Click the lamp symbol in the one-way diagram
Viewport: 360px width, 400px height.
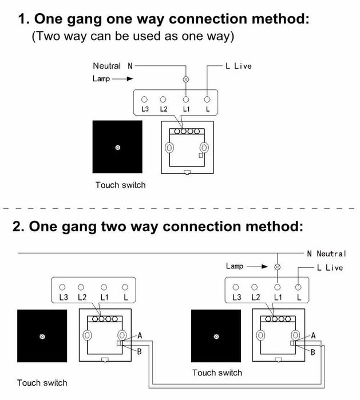tap(186, 80)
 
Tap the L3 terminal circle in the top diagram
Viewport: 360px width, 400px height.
tap(144, 99)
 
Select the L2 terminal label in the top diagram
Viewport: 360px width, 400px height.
tap(164, 109)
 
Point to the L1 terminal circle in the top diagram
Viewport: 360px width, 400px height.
tap(186, 99)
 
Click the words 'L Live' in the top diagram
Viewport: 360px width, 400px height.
tap(239, 66)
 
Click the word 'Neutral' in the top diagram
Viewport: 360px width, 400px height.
tap(106, 66)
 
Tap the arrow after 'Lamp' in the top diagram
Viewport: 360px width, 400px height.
tap(122, 79)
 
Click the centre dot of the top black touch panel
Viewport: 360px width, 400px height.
tap(118, 148)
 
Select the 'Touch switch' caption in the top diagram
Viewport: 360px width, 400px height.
tap(120, 185)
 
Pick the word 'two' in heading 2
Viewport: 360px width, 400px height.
tap(114, 226)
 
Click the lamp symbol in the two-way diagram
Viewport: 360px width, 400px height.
tap(278, 267)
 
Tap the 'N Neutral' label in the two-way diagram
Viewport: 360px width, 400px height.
tap(327, 254)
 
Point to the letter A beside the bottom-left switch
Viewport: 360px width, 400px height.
tap(140, 335)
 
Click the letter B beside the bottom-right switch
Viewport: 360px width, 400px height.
tap(313, 353)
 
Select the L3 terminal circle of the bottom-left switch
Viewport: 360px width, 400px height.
tap(62, 287)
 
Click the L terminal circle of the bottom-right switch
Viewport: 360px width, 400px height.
tap(298, 287)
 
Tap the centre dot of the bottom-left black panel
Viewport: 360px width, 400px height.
tap(42, 336)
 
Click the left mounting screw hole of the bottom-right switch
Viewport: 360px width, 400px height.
tap(260, 335)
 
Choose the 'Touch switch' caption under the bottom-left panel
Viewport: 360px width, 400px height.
tap(42, 383)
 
